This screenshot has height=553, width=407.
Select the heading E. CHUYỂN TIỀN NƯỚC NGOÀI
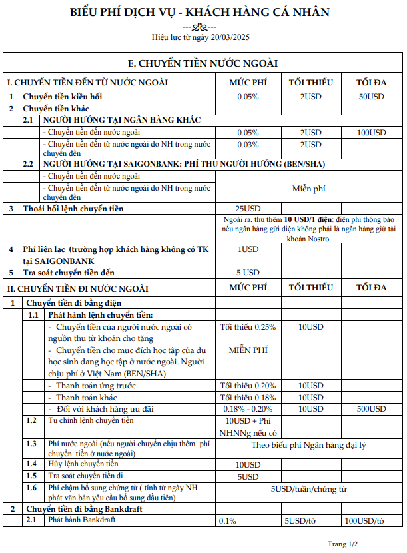pos(203,63)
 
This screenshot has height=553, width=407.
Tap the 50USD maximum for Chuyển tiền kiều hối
pos(371,97)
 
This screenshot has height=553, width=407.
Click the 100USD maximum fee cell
pos(371,133)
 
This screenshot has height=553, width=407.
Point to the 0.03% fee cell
pos(248,145)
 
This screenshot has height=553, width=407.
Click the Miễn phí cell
pos(308,189)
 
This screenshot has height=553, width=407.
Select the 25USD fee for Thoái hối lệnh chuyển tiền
pos(248,209)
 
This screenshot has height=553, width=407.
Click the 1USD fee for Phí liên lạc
pos(248,249)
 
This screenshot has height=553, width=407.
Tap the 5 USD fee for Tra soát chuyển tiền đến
pos(248,273)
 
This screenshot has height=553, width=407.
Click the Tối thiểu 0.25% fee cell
pos(248,327)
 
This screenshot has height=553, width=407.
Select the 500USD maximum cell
pos(371,408)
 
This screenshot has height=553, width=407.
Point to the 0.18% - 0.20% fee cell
pos(248,408)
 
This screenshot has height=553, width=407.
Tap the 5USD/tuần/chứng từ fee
pos(309,489)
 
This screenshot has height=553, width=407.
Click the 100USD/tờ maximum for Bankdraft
pos(364,520)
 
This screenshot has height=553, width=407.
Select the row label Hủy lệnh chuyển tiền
pos(84,464)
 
